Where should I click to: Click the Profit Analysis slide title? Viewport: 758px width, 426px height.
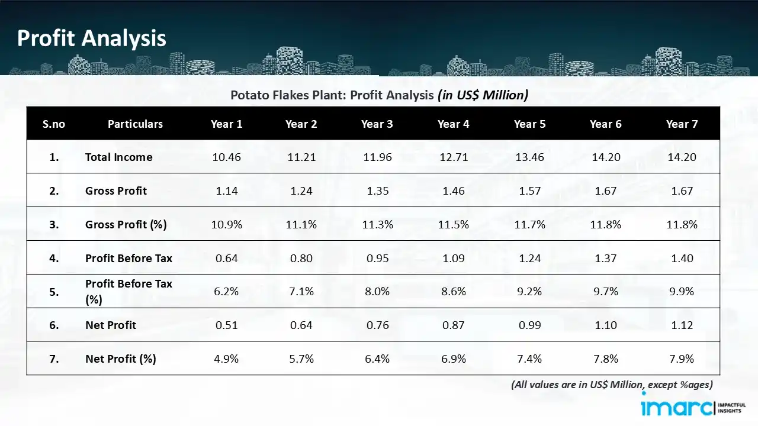coord(92,38)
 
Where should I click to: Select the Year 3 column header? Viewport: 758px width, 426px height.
coord(377,124)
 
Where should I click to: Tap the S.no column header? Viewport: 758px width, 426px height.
coord(54,124)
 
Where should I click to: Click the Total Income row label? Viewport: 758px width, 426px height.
coord(118,157)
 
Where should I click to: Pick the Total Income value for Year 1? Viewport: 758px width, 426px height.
coord(226,157)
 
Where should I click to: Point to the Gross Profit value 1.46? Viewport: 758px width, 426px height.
coord(453,191)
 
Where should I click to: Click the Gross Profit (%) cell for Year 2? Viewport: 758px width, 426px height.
coord(301,225)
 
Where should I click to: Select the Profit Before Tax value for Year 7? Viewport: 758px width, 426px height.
coord(682,259)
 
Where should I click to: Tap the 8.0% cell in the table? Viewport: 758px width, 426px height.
coord(377,292)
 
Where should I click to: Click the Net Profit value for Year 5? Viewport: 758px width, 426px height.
coord(529,325)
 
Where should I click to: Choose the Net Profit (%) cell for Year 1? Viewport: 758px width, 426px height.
coord(226,359)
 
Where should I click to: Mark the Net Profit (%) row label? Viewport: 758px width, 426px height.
coord(120,359)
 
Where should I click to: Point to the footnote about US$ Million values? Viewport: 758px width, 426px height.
coord(612,385)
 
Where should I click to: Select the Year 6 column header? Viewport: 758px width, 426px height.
coord(605,124)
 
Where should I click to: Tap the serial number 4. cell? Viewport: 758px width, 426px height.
coord(54,259)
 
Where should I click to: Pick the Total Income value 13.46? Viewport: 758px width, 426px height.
coord(529,157)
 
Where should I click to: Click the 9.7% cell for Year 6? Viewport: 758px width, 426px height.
coord(605,292)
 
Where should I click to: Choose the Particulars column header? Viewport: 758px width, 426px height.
coord(135,124)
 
